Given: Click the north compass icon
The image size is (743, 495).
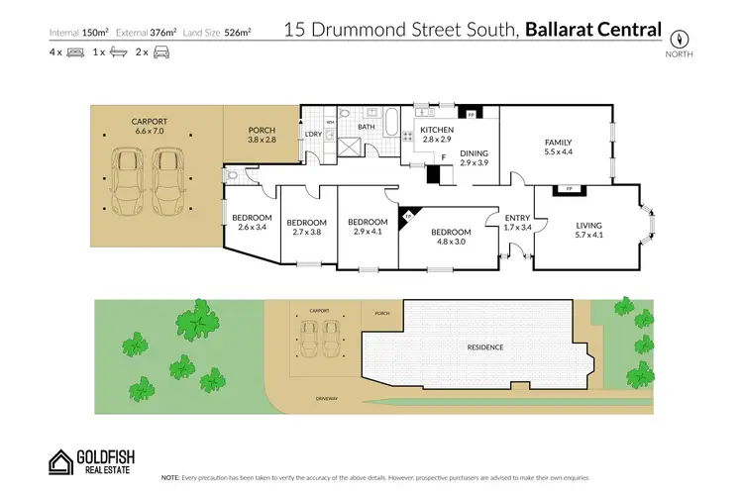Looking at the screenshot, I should pyautogui.click(x=681, y=37).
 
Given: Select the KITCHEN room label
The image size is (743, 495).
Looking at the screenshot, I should pyautogui.click(x=437, y=130).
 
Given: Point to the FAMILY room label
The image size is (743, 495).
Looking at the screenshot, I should pyautogui.click(x=558, y=142).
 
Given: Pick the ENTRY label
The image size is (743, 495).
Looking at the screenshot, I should pyautogui.click(x=517, y=218).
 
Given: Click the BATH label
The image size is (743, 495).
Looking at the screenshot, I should pyautogui.click(x=366, y=127).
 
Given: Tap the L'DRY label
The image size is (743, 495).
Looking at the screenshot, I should pyautogui.click(x=313, y=134).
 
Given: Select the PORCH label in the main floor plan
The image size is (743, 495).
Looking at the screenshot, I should pyautogui.click(x=262, y=132).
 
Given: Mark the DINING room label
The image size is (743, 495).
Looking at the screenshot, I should pyautogui.click(x=475, y=152).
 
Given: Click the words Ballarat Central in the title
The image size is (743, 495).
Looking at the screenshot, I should pyautogui.click(x=593, y=30).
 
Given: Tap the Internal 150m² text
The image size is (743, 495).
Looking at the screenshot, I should pyautogui.click(x=79, y=32).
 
